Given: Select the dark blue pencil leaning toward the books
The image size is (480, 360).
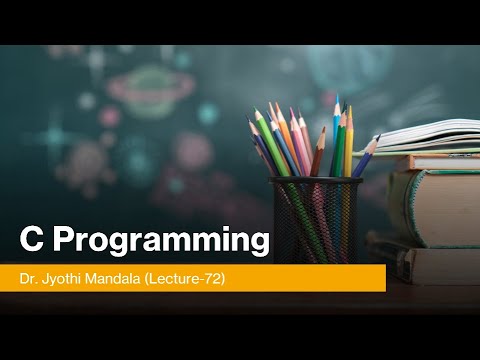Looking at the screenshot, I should click(x=363, y=160).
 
